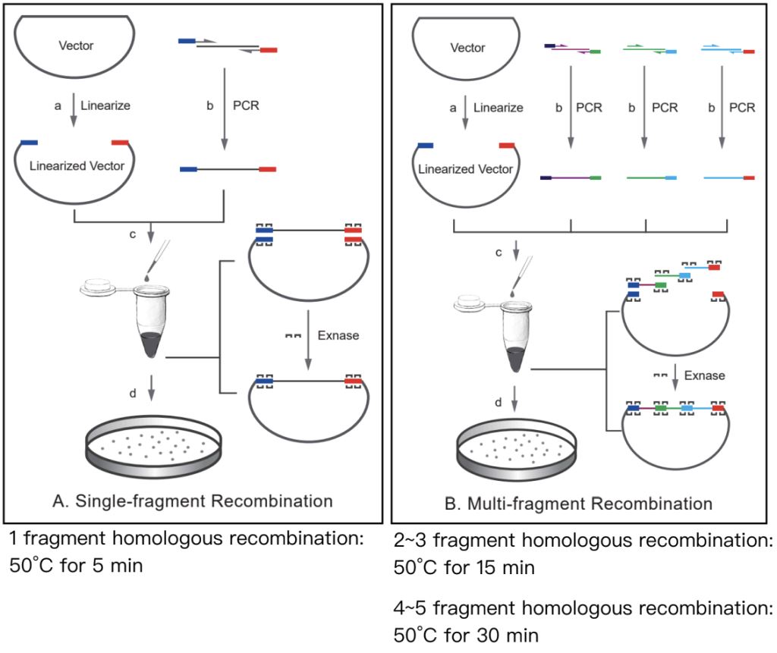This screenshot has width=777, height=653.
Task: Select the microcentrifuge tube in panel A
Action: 155,319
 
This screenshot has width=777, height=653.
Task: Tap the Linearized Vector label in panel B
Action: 465,168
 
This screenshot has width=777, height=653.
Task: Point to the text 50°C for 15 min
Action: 465,567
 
